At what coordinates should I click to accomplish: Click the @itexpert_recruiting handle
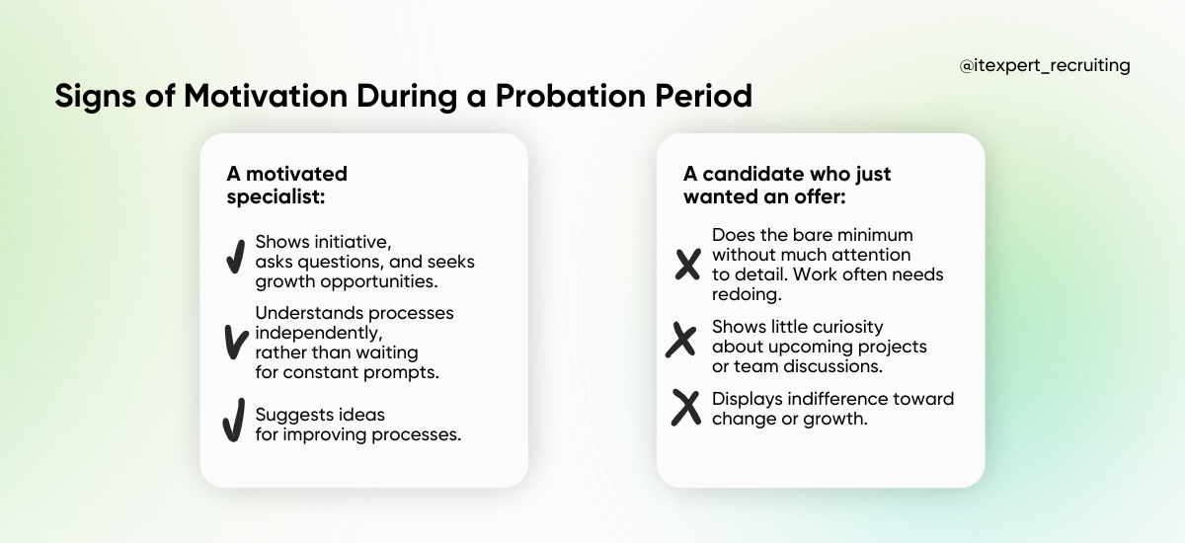pyautogui.click(x=1045, y=66)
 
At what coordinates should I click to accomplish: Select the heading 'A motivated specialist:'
pyautogui.click(x=287, y=185)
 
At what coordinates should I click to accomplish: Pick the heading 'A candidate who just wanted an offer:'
pyautogui.click(x=787, y=185)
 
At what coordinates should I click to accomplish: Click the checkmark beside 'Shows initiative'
pyautogui.click(x=235, y=256)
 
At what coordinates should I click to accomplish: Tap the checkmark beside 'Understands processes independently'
pyautogui.click(x=235, y=342)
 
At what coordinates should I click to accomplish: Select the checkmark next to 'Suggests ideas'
pyautogui.click(x=233, y=423)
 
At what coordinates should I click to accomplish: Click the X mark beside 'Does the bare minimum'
pyautogui.click(x=687, y=264)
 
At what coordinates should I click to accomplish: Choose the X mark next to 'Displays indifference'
pyautogui.click(x=685, y=407)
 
